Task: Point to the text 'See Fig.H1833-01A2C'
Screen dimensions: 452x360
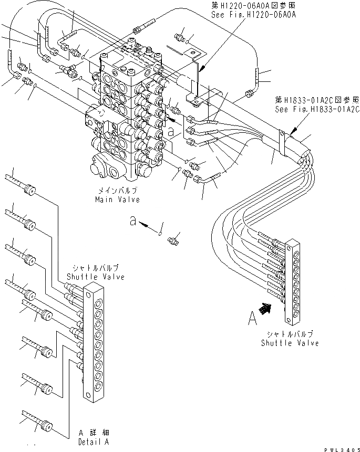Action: pos(317,110)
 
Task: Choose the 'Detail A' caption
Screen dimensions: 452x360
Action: pos(95,443)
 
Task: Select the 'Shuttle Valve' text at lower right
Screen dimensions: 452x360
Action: pos(290,343)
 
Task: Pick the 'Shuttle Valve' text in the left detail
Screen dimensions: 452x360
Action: pos(96,277)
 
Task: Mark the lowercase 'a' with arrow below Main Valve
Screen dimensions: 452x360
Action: pos(135,222)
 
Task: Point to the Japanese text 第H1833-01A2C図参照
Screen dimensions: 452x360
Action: pos(317,100)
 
